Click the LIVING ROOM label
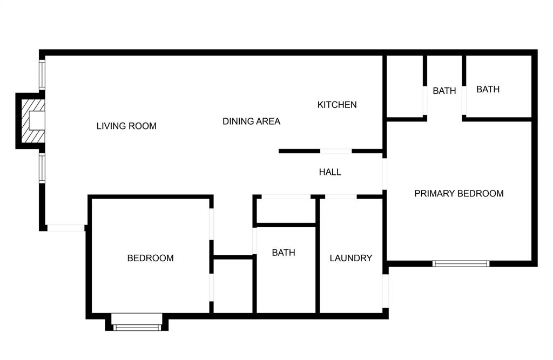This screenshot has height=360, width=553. click(126, 126)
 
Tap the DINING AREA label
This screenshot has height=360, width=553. click(251, 121)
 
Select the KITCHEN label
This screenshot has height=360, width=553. click(336, 105)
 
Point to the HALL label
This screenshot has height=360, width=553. click(330, 172)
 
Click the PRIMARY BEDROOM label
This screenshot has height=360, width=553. click(458, 193)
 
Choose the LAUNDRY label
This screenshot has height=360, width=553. click(350, 258)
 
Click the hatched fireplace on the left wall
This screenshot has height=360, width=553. click(30, 120)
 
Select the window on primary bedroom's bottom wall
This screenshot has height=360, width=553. click(461, 264)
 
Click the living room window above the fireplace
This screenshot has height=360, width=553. click(42, 74)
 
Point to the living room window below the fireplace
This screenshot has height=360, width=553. click(42, 168)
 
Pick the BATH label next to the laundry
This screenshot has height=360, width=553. click(284, 253)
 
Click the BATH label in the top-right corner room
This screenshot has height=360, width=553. click(488, 90)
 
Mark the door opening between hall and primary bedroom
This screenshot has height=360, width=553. click(385, 173)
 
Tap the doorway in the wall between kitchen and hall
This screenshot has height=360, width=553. click(336, 151)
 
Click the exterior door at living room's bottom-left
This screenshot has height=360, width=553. click(65, 228)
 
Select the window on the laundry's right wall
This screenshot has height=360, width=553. click(385, 291)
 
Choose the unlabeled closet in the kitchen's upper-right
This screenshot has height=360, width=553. click(404, 86)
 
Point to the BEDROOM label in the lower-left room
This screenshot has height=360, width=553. click(150, 258)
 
